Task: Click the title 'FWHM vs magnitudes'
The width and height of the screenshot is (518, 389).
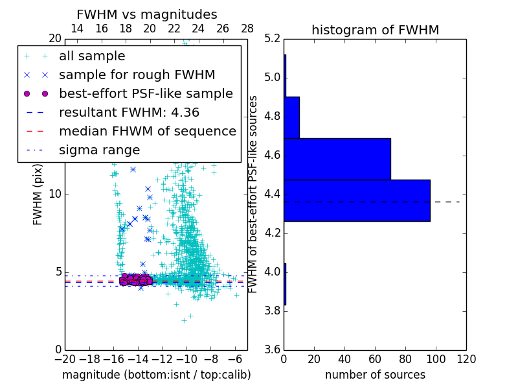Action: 147,15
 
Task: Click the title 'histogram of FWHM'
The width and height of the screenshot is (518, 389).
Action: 375,30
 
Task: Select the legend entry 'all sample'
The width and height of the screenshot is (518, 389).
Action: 92,56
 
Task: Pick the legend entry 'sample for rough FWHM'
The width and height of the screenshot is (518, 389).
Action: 137,75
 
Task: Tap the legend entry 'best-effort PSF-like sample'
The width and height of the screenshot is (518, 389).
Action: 146,94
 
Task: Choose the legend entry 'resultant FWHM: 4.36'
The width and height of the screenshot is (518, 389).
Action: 129,113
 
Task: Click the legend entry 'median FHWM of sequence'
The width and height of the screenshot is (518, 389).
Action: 147,132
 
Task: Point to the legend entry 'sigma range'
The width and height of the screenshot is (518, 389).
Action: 99,150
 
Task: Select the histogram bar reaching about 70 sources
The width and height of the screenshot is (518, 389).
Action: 337,159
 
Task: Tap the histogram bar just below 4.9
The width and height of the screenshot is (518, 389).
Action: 291,117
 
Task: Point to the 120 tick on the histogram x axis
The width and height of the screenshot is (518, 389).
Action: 466,359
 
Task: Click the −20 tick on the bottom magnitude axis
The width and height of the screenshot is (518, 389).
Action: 65,359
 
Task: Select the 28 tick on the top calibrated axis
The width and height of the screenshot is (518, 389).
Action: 247,29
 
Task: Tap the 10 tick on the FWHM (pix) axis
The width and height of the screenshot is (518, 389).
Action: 55,194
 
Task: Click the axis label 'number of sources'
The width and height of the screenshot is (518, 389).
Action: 375,375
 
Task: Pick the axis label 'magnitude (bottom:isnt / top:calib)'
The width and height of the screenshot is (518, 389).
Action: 156,375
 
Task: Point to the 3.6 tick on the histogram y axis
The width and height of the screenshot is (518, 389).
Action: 273,349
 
